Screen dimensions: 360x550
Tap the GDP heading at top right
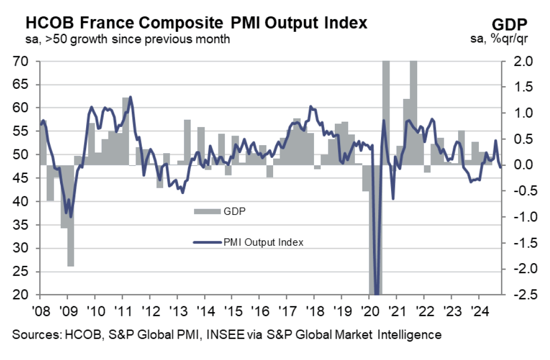point(509,24)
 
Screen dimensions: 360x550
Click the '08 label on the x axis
point(40,311)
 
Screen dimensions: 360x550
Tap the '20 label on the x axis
point(369,311)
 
